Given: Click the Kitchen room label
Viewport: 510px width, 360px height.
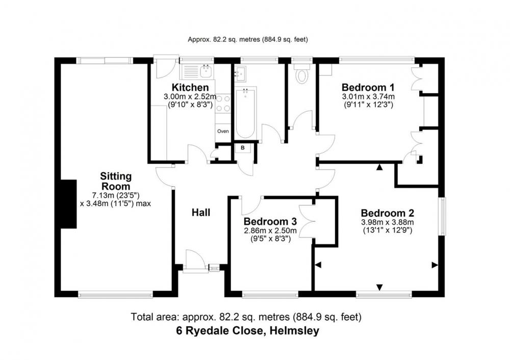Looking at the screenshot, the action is [x=190, y=88].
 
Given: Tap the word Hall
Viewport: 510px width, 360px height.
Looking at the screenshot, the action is [x=201, y=213].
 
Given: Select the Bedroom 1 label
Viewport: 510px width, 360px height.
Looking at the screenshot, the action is [x=368, y=88].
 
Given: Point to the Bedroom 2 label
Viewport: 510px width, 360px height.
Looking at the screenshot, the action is [x=388, y=213].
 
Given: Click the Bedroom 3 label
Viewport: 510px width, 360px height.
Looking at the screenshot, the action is [x=270, y=222].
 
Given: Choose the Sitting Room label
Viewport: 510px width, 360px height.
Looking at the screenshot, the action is [x=116, y=182].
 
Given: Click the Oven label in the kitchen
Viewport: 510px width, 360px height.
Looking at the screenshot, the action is [x=223, y=132].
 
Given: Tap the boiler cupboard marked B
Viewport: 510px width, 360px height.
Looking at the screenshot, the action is [x=243, y=148].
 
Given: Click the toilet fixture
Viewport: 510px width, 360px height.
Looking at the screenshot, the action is [x=301, y=74].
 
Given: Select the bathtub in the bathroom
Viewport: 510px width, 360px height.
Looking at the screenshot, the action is [x=246, y=113].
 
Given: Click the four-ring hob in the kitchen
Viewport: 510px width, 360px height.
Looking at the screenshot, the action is [x=223, y=104].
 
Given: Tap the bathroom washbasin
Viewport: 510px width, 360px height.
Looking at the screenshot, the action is [x=240, y=74].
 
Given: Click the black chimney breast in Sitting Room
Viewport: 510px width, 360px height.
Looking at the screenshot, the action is [x=68, y=204].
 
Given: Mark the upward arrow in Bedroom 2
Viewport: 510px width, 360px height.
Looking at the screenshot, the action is [x=379, y=167].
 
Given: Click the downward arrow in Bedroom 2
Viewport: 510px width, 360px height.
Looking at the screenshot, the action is [x=379, y=288].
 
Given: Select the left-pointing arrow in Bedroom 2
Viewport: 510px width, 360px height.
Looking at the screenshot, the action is [x=318, y=265].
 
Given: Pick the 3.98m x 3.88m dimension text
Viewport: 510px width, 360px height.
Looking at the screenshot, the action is [x=388, y=223].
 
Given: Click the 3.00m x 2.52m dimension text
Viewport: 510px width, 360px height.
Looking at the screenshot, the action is [x=190, y=96].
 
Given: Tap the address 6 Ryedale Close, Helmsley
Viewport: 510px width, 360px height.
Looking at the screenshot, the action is [x=247, y=331].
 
